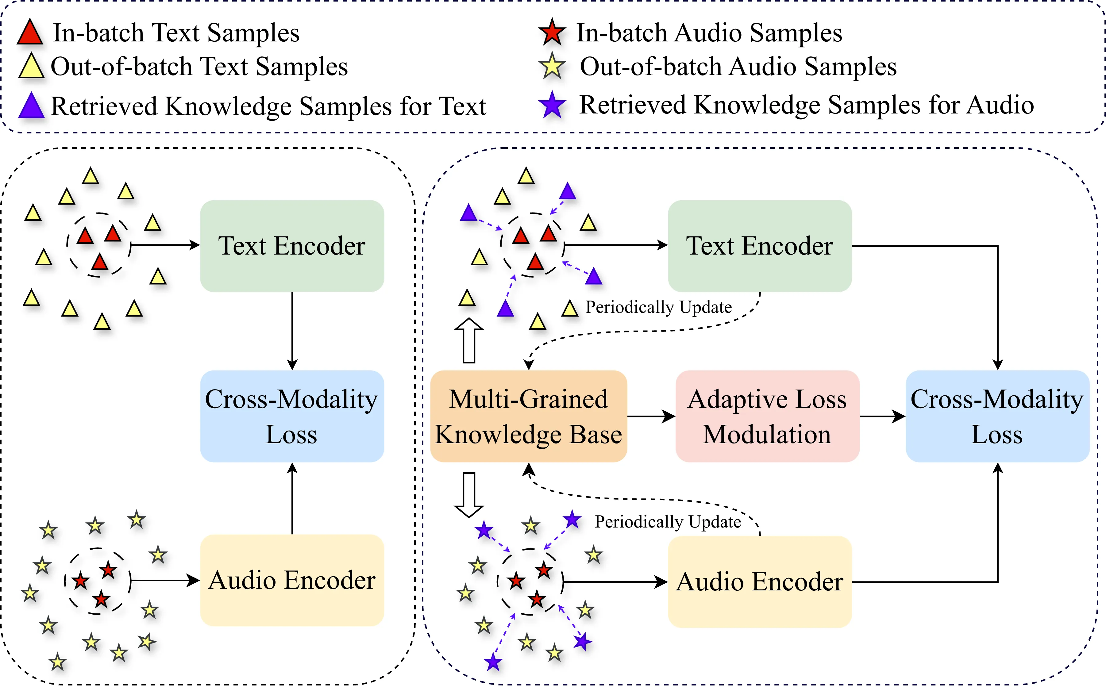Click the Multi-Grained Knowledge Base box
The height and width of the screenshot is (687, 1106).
pos(529,416)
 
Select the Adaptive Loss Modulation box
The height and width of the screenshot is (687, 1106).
pos(767,416)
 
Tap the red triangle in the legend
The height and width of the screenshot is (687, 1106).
pos(30,33)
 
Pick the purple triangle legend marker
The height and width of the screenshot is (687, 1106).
pos(31,106)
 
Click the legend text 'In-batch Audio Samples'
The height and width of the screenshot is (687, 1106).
pos(709,33)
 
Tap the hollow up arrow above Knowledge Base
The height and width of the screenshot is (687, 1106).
pos(469,340)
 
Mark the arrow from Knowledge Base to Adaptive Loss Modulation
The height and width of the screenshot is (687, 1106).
pos(651,416)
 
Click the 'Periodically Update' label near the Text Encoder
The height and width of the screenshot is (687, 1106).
pos(658,307)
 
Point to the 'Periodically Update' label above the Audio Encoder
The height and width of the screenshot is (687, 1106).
pos(668,522)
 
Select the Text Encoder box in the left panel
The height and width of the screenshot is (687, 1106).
pos(292,246)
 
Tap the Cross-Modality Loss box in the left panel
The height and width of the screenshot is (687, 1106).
pos(292,416)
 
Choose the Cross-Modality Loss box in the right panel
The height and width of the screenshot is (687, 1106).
pos(997,416)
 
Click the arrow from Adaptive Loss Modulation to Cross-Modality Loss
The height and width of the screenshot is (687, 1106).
pos(882,416)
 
